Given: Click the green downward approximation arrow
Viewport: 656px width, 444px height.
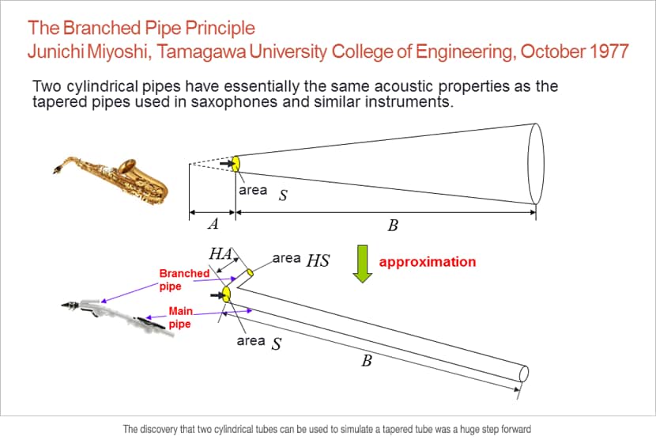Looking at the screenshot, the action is [x=362, y=264].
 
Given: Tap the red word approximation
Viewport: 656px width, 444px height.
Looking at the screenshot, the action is [x=427, y=262].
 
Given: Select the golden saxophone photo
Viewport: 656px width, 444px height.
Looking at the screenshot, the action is [x=111, y=180].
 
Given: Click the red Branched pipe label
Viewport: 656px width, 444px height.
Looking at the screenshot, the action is [x=184, y=279].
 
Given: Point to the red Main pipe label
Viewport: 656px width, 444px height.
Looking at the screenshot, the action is [x=180, y=317].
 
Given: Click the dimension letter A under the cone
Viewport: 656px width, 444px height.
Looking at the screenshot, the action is [x=213, y=224].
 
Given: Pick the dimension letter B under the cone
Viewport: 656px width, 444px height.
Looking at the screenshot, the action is [x=393, y=226].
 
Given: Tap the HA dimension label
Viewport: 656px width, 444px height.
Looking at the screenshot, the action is [x=221, y=253].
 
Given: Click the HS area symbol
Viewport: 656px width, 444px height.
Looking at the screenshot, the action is [x=318, y=260].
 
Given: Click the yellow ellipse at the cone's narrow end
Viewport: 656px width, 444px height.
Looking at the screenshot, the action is [x=236, y=164].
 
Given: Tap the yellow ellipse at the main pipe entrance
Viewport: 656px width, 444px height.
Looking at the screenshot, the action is [x=226, y=294].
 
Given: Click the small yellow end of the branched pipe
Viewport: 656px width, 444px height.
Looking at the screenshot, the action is [x=250, y=273].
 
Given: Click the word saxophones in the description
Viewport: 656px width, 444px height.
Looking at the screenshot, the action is [x=234, y=102].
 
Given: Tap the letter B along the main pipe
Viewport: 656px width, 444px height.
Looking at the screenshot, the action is [x=367, y=360].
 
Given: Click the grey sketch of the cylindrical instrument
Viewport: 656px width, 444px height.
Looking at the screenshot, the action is [x=117, y=317].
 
